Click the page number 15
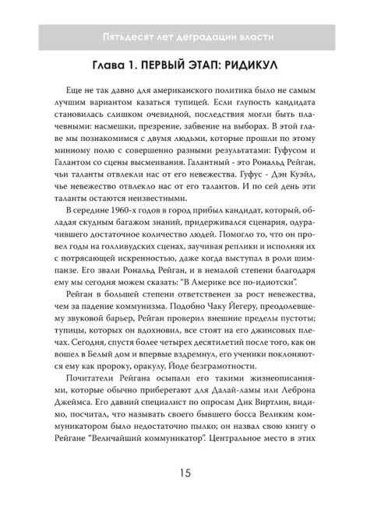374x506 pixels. click(x=186, y=473)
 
